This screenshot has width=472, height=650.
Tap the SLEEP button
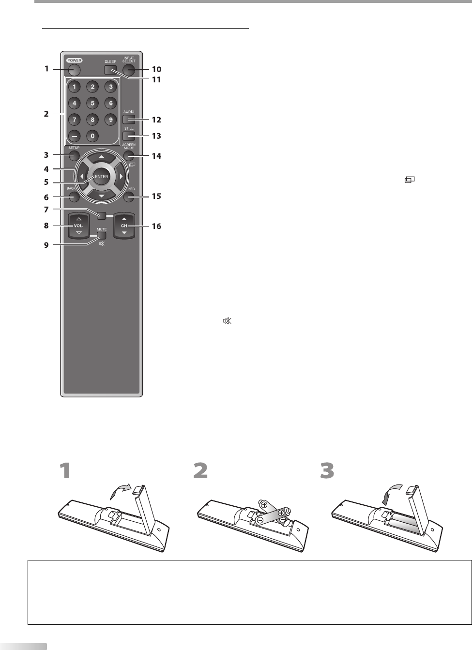tap(110, 70)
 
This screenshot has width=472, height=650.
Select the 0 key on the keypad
tap(92, 136)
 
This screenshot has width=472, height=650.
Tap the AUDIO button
tap(128, 119)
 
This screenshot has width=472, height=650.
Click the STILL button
tap(128, 136)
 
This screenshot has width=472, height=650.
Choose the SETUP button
tap(74, 155)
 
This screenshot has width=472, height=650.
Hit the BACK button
tap(74, 197)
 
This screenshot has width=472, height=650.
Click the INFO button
tap(128, 197)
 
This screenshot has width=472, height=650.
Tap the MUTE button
tap(101, 236)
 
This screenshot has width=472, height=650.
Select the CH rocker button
tap(124, 226)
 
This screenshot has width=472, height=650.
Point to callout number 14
tap(156, 156)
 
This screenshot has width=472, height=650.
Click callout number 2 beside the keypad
tap(46, 114)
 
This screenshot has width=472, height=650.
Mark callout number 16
tap(156, 226)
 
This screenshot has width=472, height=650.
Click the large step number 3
tap(327, 471)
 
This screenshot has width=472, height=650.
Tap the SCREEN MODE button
tap(128, 156)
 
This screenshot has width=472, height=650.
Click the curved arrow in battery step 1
tap(120, 491)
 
